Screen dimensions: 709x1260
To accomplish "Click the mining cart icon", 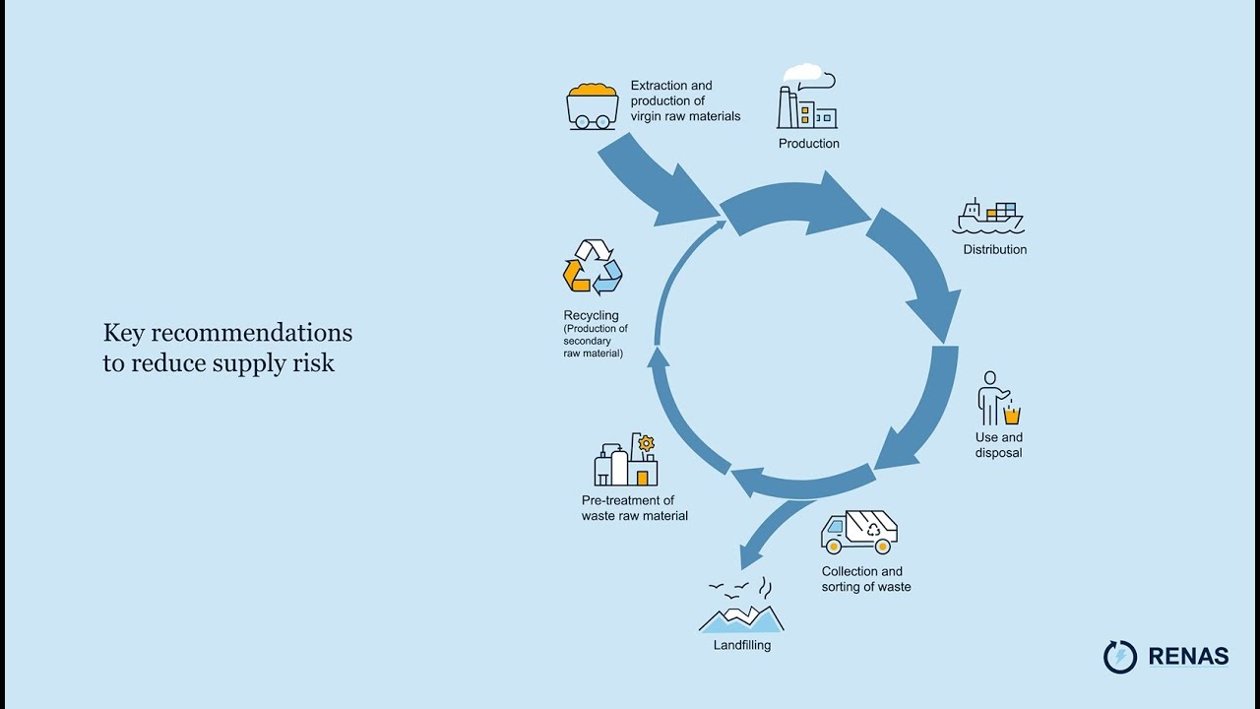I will click(592, 105).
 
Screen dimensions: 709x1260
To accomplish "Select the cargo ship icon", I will click(987, 218).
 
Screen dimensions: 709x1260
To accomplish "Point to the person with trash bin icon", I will click(997, 398).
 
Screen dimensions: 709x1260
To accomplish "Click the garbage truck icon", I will click(858, 532).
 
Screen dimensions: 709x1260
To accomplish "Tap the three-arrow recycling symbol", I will click(593, 267).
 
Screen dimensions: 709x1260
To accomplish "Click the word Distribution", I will click(994, 250).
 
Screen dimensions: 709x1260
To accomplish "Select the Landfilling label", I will click(741, 646).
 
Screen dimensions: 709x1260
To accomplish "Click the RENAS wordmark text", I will click(1188, 656).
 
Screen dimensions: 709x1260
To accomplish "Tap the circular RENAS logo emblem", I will click(1120, 657).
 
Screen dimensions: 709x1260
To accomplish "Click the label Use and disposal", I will click(998, 445).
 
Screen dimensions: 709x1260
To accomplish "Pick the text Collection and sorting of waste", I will click(865, 579).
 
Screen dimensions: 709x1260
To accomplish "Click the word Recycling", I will click(591, 316).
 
